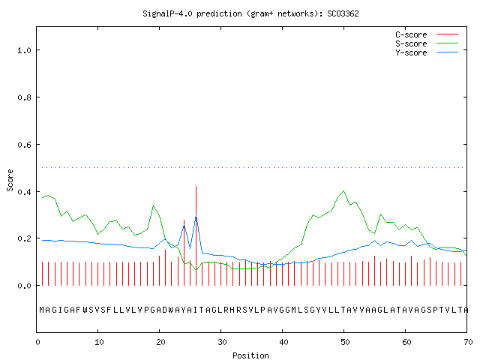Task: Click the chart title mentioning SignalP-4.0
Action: pos(250,13)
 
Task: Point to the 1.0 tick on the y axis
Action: pos(24,50)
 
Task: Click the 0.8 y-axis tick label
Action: pos(24,97)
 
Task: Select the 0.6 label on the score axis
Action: pos(24,145)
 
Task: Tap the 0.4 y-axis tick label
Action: pos(24,192)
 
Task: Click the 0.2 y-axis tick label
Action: pos(24,238)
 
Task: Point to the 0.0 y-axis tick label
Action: pos(24,286)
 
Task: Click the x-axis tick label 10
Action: pos(99,342)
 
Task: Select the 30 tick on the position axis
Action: pos(222,342)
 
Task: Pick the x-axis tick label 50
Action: pos(345,342)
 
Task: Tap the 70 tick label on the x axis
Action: pos(468,342)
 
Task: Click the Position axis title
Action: pos(250,355)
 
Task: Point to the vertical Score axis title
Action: pos(10,180)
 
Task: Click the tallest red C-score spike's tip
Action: pos(196,186)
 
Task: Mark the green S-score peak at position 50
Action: pos(343,191)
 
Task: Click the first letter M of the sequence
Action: pos(42,310)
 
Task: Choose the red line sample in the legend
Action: pos(447,34)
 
